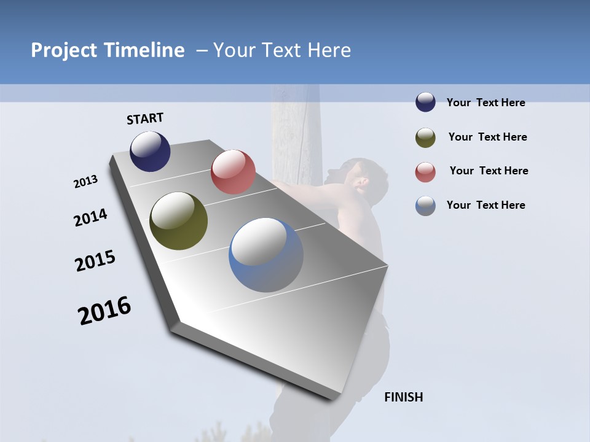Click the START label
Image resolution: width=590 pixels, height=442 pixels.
coord(145,118)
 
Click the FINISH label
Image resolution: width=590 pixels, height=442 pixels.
coord(403,397)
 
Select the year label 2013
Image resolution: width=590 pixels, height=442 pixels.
coord(86,182)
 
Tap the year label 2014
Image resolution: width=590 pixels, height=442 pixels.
coord(90,217)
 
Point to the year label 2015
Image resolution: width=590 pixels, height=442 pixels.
coord(95,261)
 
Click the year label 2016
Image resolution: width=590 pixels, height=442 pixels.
coord(104,311)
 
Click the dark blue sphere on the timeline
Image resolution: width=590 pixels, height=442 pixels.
coord(150,151)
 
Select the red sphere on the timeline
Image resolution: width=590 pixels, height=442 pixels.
coord(233,172)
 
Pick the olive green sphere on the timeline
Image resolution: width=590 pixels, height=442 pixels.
coord(179,221)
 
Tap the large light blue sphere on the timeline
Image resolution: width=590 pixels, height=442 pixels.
coord(266,255)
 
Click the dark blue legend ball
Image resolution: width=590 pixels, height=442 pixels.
coord(425,103)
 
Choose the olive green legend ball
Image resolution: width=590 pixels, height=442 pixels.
coord(425,138)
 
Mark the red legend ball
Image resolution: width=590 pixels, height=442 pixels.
coord(425,172)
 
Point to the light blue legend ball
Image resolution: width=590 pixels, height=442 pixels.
coord(425,206)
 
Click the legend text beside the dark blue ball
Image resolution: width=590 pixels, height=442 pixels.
coord(486,103)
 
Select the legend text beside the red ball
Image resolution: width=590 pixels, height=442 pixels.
coord(489,171)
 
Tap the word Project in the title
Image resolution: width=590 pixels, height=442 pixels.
coord(63,50)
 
